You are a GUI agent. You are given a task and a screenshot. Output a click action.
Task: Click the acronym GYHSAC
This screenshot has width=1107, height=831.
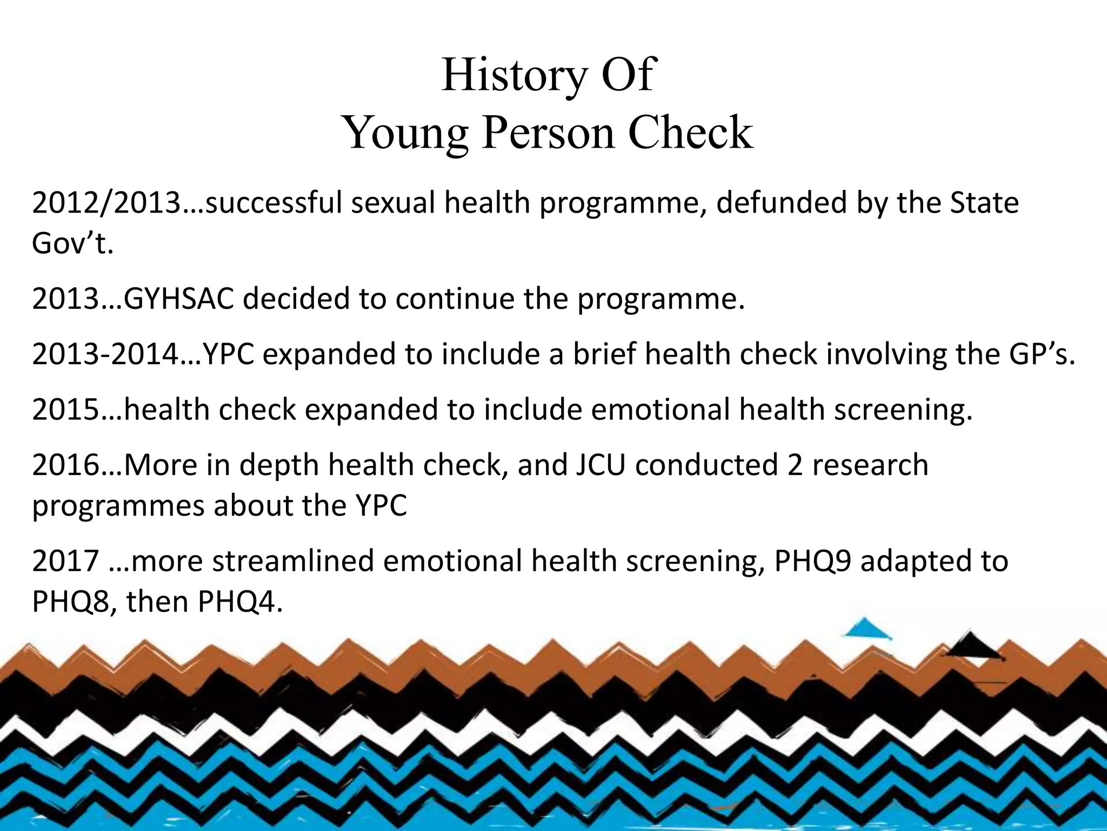coord(178,299)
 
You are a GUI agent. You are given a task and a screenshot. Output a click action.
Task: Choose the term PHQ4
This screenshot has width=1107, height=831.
coord(240,602)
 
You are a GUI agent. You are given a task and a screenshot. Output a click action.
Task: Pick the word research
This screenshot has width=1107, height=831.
coord(870,465)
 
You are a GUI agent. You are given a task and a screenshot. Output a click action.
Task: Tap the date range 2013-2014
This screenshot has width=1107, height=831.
coord(105,354)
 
